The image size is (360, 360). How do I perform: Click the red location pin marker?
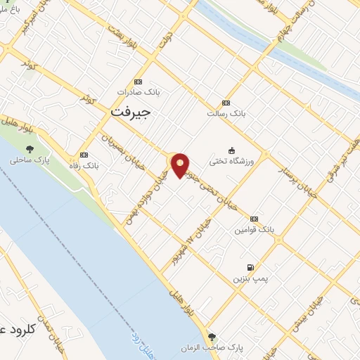pos(181,165)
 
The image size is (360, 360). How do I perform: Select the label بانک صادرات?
pos(139,92)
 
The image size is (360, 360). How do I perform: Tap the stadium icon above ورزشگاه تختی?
pos(231,150)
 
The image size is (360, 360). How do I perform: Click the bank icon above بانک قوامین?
pos(254,219)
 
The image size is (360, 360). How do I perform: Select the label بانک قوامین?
pos(254,230)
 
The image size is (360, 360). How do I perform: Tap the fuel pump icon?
pos(250,267)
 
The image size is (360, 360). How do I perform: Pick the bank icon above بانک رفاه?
pos(84,155)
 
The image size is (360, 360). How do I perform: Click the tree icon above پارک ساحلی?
pos(30,148)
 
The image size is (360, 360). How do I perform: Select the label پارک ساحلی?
pos(30,160)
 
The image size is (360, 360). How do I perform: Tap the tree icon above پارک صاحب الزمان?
pos(213,337)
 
